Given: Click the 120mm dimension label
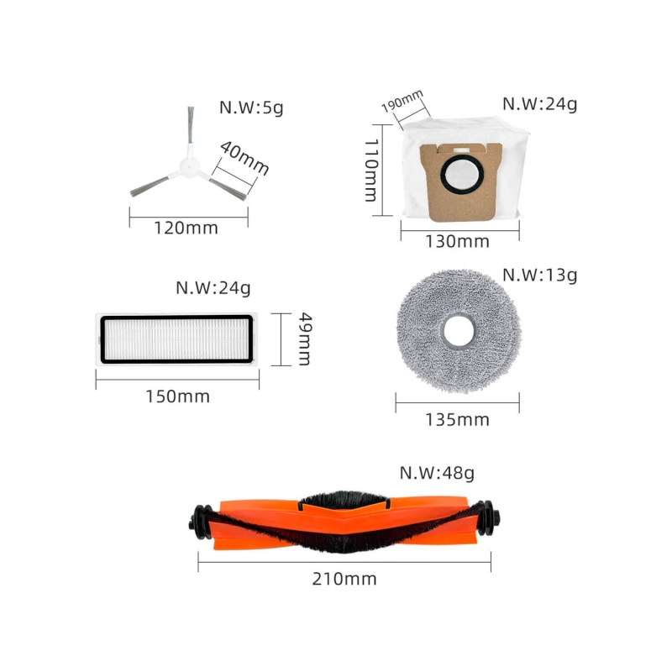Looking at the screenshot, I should pos(186,228).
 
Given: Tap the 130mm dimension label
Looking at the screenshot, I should pos(457,241).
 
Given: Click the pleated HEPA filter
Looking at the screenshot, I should pos(176,340).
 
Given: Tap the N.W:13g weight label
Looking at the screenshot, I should pos(539,275).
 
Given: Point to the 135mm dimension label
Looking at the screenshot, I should pos(457,419).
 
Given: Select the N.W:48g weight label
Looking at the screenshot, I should pos(436,472).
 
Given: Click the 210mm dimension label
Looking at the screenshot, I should pos(344,579).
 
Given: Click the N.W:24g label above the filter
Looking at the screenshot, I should pos(213,287).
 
